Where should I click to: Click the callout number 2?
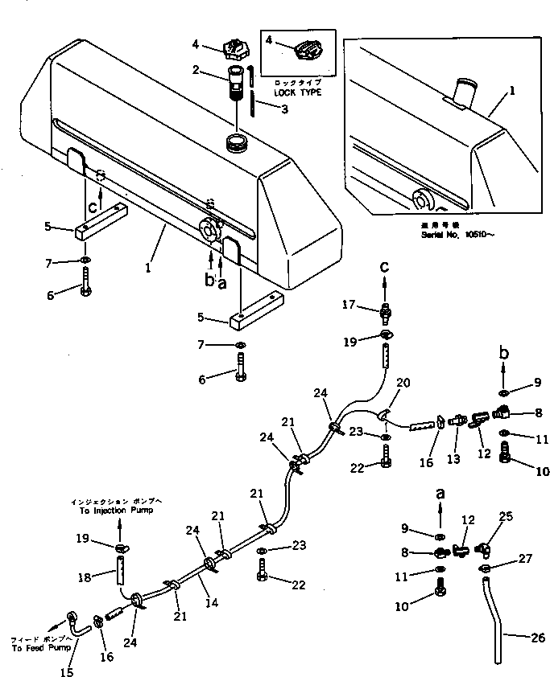tap(196, 71)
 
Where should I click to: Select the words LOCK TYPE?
tap(298, 93)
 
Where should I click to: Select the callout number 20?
tap(404, 383)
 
